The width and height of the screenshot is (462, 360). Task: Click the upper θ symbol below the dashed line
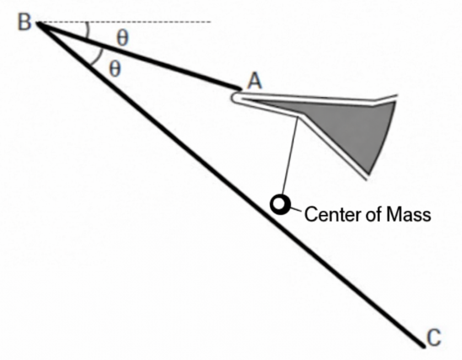[x=123, y=38]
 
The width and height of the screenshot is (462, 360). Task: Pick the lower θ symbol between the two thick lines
[x=114, y=69]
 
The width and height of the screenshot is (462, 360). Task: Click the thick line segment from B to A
[x=138, y=56]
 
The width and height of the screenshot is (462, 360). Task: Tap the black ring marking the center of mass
[x=280, y=205]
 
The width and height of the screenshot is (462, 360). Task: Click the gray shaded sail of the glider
[x=358, y=130]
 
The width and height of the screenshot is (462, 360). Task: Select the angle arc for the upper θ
[x=88, y=30]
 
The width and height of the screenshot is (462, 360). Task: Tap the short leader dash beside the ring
[x=295, y=209]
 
